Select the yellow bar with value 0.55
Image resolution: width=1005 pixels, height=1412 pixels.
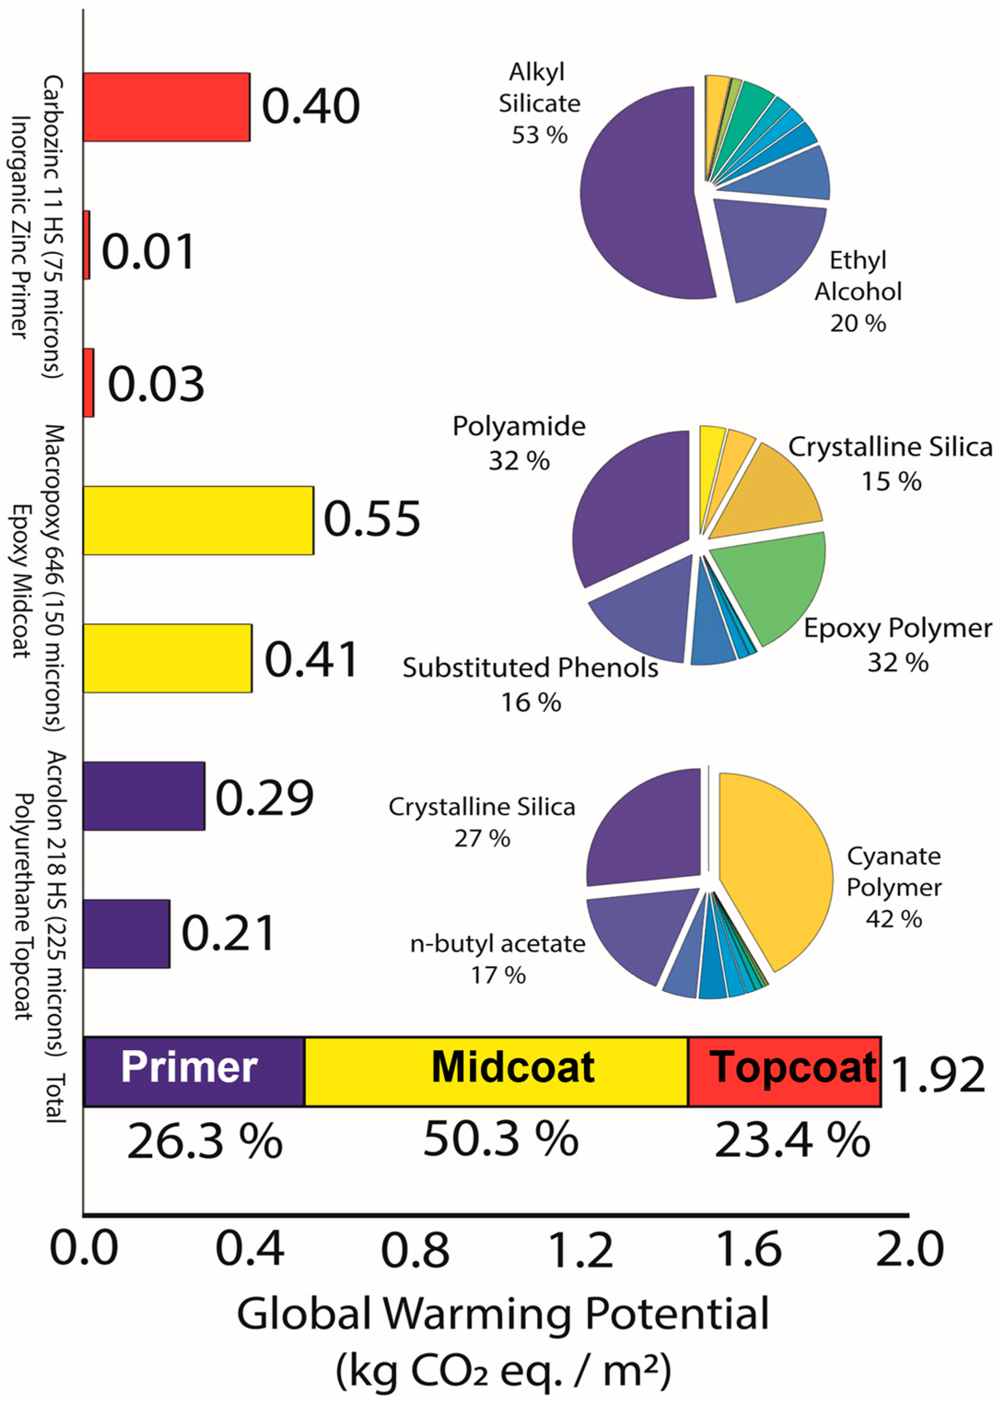[x=198, y=520]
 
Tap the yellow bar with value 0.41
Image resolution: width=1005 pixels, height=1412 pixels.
[x=167, y=658]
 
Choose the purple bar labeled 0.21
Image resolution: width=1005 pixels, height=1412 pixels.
[x=126, y=934]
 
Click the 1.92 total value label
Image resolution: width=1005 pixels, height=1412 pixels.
[x=937, y=1075]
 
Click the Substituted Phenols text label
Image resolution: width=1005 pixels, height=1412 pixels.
[x=530, y=668]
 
